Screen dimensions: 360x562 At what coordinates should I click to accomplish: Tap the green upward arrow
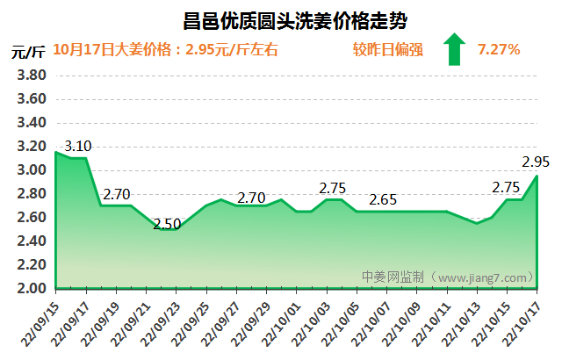click(454, 49)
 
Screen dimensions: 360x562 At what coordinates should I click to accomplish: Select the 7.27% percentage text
click(499, 49)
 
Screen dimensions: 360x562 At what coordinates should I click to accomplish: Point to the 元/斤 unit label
click(28, 50)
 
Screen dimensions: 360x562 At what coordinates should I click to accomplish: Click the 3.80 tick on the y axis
click(32, 76)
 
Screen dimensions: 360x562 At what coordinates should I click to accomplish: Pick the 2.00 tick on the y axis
click(32, 288)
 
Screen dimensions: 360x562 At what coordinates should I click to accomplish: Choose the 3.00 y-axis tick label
click(32, 170)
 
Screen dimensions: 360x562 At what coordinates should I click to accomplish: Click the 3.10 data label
click(78, 145)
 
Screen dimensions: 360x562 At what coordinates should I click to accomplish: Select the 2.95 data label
click(536, 162)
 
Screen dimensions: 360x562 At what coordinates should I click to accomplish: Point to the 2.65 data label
click(384, 199)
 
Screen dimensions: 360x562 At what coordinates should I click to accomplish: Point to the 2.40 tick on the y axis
click(32, 241)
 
